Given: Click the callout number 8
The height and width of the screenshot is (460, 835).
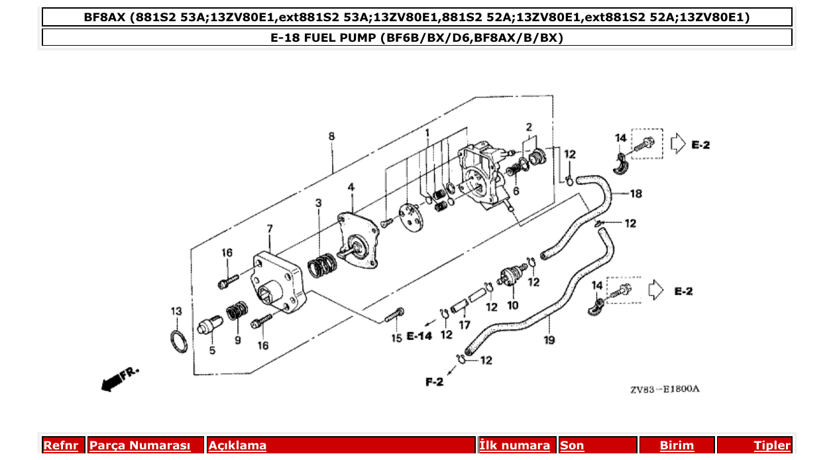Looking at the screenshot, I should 331,137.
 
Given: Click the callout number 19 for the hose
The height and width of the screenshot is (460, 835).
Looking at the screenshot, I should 549,340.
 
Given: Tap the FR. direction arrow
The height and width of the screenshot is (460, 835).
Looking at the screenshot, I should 120,378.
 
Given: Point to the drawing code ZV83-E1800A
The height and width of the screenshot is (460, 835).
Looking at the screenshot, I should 664,389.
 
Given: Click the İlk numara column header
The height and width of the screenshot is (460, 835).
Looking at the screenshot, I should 514,445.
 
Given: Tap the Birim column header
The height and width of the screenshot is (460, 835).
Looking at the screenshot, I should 677,445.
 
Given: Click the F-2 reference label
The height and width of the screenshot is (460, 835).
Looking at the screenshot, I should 434,382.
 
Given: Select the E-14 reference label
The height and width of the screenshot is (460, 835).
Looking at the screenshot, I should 419,336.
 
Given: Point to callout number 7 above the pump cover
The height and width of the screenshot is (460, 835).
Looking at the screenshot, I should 270,229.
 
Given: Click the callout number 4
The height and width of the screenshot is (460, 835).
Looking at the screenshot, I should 351,188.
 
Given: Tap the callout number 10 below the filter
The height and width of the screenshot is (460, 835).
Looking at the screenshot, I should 512,306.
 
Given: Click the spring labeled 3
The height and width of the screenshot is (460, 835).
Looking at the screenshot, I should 323,266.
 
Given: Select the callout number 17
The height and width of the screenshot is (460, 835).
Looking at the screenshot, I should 465,325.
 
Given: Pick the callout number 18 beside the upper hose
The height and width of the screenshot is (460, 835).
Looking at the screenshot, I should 636,194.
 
